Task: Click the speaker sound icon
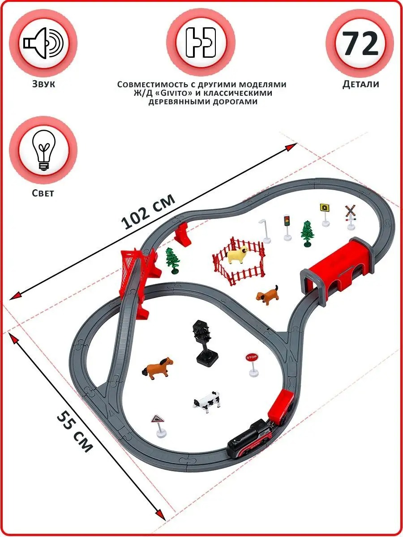(x=43, y=43)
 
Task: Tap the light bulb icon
(x=43, y=150)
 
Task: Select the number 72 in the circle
(x=360, y=43)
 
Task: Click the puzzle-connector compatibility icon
(x=201, y=43)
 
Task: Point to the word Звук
(x=43, y=84)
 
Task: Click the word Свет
(x=43, y=193)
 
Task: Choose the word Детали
(x=360, y=84)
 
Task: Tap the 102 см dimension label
(x=148, y=211)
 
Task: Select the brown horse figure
(x=158, y=368)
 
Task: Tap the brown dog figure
(x=267, y=295)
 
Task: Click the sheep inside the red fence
(x=237, y=255)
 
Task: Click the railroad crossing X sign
(x=351, y=217)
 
